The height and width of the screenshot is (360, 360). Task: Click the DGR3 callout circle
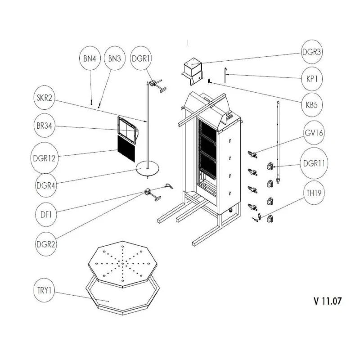coord(312,52)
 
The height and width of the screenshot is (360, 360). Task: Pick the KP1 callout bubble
coord(312,78)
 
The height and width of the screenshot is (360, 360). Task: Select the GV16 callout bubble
coord(312,133)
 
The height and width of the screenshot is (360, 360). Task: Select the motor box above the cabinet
coord(193,68)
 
